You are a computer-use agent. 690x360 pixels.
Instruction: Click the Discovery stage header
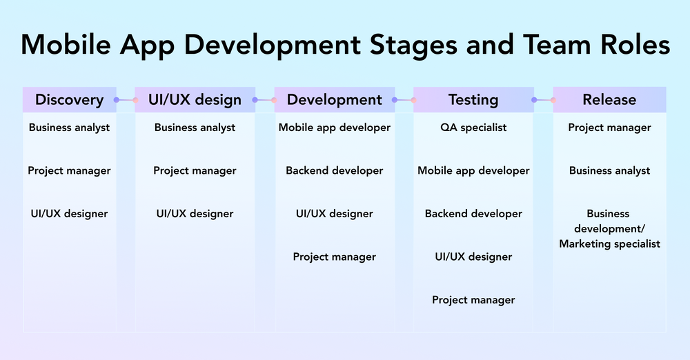pos(69,100)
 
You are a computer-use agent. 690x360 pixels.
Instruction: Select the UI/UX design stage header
pos(195,100)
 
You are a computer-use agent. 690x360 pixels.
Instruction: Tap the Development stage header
pos(335,100)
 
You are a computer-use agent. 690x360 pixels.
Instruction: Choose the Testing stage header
pos(473,100)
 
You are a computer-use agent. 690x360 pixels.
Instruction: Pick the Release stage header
pos(609,100)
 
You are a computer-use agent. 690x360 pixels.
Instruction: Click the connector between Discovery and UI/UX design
pos(126,100)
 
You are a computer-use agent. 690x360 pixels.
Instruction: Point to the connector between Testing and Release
pos(544,100)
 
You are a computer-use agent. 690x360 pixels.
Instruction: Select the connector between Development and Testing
pos(404,100)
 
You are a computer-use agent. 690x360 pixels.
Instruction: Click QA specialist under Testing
pos(473,128)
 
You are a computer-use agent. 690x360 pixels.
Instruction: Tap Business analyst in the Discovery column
pos(69,128)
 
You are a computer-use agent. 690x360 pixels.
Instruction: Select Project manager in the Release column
pos(609,128)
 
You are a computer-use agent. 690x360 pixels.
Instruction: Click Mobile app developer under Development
pos(335,128)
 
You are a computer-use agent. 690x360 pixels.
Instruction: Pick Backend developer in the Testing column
pos(473,214)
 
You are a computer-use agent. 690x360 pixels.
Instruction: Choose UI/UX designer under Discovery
pos(69,214)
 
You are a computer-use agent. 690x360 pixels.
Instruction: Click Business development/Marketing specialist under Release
pos(609,229)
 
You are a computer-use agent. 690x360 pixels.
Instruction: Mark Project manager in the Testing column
pos(473,300)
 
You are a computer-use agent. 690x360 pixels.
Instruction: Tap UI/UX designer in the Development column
pos(335,214)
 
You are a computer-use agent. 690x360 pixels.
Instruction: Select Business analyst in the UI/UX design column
pos(195,128)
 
